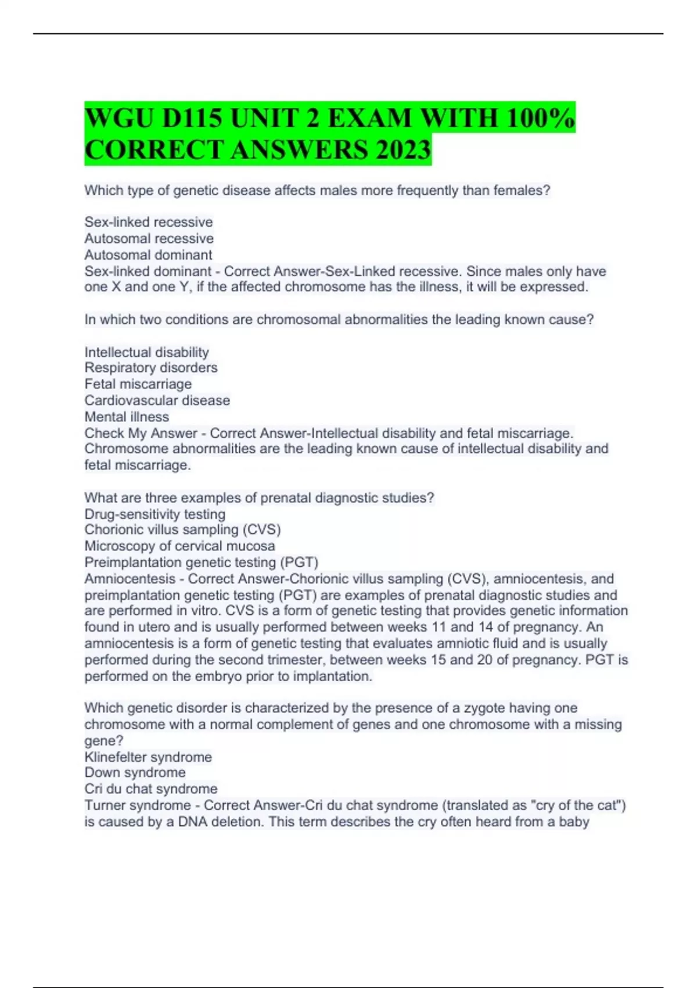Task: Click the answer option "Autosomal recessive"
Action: (149, 238)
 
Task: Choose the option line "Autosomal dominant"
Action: (148, 255)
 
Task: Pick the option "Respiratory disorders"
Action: (151, 368)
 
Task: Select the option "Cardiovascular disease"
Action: (157, 400)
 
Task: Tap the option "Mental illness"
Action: (127, 417)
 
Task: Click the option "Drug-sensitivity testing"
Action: (155, 514)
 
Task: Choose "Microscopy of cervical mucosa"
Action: (179, 546)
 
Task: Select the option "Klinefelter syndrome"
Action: (148, 757)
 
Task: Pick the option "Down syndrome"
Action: (135, 772)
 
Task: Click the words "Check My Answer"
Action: (141, 433)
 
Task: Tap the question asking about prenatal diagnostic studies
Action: (259, 498)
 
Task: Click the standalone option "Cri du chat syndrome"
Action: (151, 789)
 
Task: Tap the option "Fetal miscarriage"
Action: (138, 384)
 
